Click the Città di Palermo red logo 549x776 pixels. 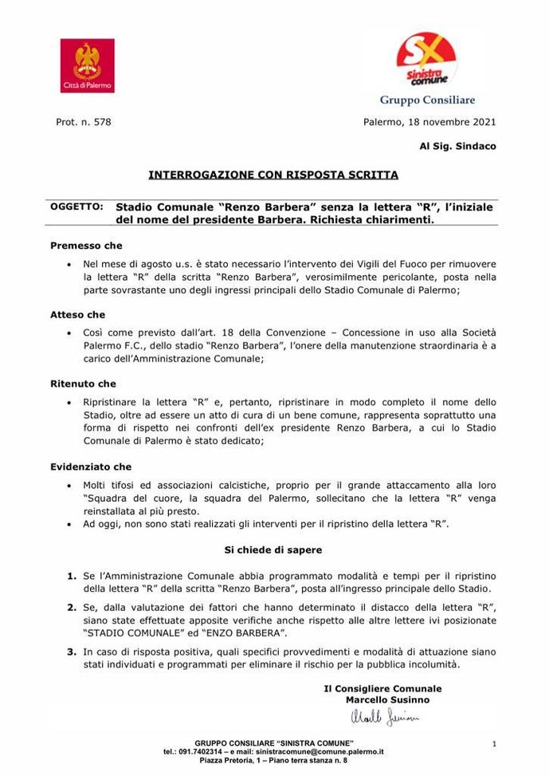(x=87, y=66)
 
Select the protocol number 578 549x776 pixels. (x=101, y=122)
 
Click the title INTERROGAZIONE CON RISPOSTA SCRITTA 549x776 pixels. (x=273, y=173)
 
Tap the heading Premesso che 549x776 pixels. (x=86, y=246)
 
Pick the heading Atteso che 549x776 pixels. (x=77, y=315)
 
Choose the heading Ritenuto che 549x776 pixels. (x=83, y=384)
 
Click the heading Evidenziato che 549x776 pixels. (x=91, y=467)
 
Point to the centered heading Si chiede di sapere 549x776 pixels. (x=273, y=550)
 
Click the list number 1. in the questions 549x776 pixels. (x=71, y=575)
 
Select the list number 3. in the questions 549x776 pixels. (x=71, y=652)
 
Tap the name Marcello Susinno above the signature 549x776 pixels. (x=387, y=699)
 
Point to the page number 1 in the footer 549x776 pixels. (x=494, y=744)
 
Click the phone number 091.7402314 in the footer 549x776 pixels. (x=198, y=752)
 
